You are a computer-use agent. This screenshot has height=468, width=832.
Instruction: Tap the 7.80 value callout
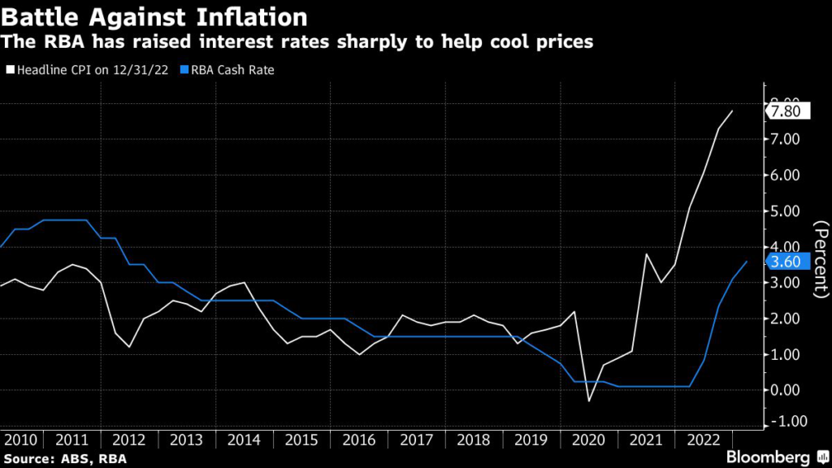[787, 111]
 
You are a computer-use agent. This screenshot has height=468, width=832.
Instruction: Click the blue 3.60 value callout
[787, 262]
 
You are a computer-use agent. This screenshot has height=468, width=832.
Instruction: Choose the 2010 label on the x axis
[22, 440]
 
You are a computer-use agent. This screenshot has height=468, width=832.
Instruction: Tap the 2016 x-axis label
[360, 440]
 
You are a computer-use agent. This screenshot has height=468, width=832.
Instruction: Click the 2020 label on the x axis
[588, 440]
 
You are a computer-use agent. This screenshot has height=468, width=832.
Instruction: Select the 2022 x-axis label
[703, 440]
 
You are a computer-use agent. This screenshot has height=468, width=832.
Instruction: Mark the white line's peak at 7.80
[733, 110]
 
